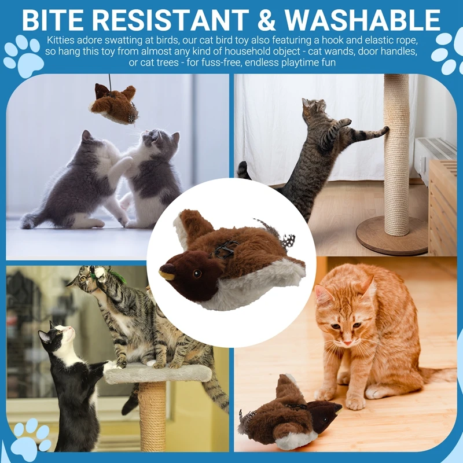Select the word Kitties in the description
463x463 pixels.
click(x=61, y=41)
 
